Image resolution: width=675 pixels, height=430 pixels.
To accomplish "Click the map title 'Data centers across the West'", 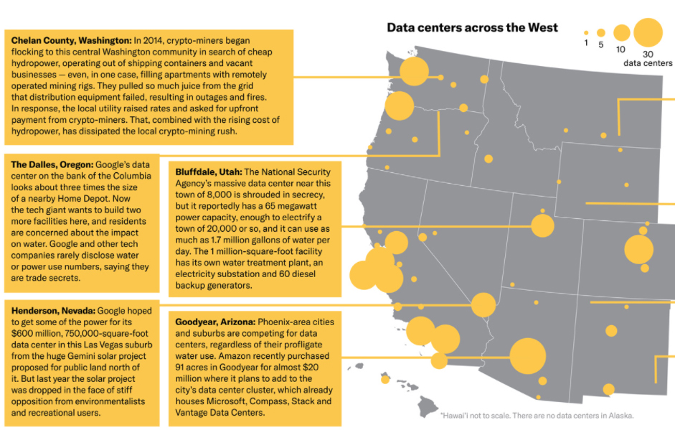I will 473,28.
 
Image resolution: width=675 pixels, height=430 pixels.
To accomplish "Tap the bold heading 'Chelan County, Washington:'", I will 71,40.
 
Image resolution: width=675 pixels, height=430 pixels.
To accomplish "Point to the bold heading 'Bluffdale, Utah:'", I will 208,172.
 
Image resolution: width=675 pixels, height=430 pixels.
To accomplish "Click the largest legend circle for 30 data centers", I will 648,32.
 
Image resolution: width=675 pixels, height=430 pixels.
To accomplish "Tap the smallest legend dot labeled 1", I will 586,33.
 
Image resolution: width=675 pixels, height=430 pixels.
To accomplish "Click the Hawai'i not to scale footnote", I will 537,415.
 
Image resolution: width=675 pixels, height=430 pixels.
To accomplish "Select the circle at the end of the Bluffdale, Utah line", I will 542,225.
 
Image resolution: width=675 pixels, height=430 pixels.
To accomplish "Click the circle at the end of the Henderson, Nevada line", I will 483,305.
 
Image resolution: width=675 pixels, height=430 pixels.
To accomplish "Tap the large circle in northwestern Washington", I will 414,72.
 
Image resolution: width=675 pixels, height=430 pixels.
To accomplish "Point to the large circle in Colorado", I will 638,249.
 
